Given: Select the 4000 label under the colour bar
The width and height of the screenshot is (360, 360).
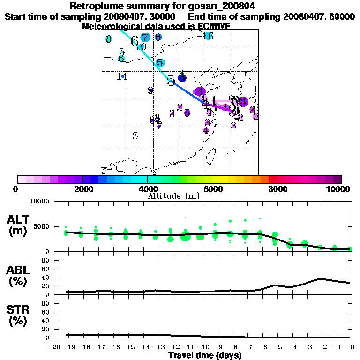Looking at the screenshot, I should [x=147, y=189].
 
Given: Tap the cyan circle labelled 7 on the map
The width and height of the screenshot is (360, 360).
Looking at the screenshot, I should [x=145, y=37].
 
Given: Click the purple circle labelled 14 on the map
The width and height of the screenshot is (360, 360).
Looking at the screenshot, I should [x=200, y=92].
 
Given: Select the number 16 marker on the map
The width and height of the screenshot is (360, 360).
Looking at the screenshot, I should [x=209, y=36].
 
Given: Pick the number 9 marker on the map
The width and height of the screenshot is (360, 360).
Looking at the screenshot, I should [x=150, y=90].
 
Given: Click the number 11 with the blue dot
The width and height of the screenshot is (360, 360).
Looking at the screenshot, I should [x=122, y=76].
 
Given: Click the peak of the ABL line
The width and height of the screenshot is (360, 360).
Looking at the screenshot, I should [x=320, y=278].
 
